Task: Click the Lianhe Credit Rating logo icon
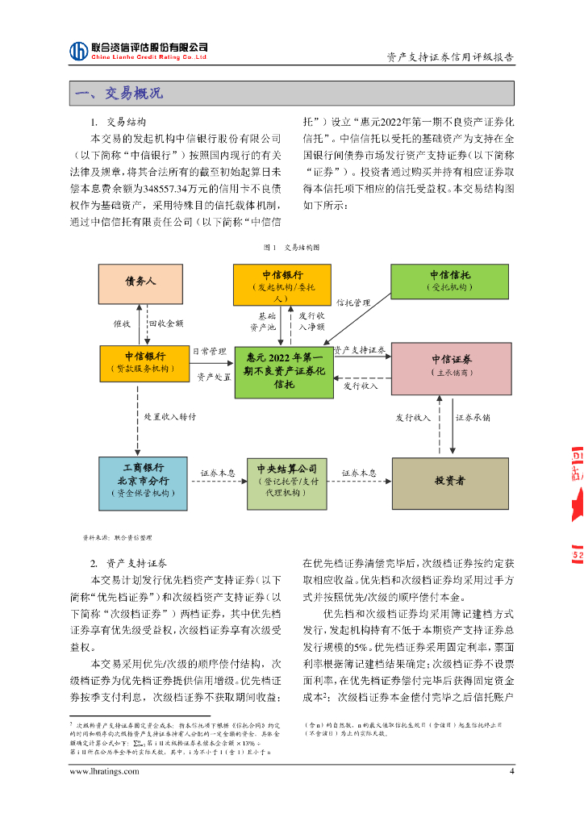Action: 78,51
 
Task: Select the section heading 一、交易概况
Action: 119,94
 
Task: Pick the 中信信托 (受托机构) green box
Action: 450,281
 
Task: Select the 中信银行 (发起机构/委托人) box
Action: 282,284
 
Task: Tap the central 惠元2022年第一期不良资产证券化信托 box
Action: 283,371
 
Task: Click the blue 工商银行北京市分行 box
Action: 142,482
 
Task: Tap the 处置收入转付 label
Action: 169,418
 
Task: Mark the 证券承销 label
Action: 473,418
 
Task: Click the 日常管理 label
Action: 209,352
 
